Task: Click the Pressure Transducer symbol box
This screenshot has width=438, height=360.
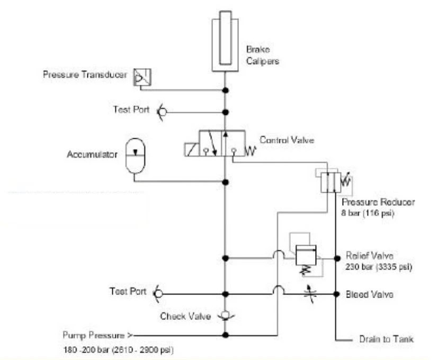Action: (141, 77)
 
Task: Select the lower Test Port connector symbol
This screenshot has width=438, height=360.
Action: (157, 293)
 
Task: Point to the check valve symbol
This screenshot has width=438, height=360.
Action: (225, 316)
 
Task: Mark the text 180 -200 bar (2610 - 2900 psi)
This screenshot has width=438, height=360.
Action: (118, 349)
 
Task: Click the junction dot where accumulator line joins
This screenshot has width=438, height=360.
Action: (226, 182)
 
